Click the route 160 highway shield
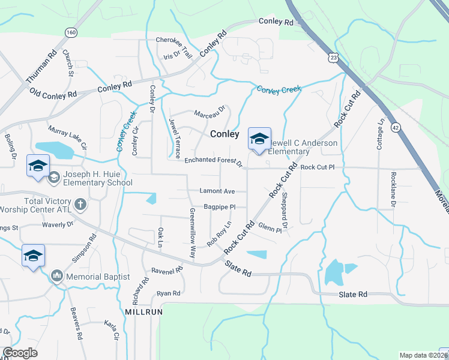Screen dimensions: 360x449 71,32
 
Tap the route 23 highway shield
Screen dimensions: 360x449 333,58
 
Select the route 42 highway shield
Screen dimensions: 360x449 394,127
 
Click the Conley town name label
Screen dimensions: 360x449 225,134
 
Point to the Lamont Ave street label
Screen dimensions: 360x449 217,191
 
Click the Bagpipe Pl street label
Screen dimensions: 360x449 218,207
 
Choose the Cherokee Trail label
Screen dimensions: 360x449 173,40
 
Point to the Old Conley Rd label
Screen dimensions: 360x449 53,94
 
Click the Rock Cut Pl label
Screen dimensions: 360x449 321,167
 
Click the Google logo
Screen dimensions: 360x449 20,353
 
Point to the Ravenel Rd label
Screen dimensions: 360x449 166,271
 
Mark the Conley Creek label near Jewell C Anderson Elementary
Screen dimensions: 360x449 279,89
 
